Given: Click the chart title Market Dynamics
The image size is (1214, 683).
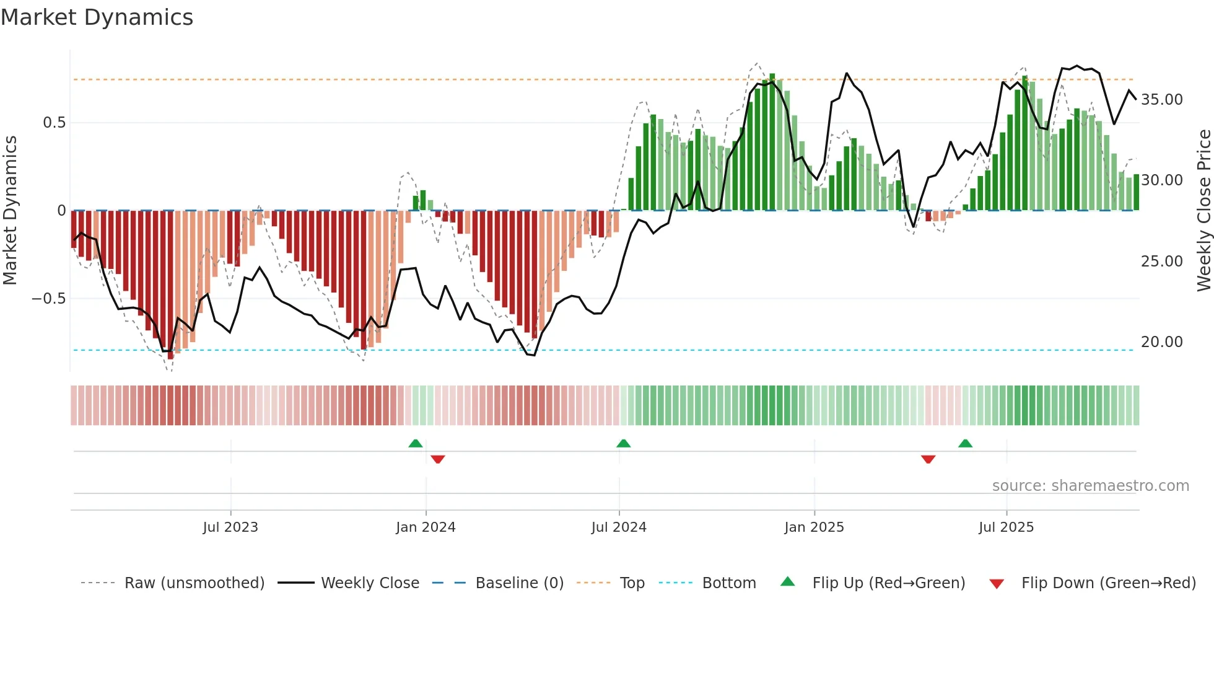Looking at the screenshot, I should pos(97,17).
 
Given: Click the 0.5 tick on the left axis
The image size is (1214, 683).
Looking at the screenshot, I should pos(54,123).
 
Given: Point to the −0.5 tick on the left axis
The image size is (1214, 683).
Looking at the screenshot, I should pos(49,299).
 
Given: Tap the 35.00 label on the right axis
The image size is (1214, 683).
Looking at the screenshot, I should pos(1161,100).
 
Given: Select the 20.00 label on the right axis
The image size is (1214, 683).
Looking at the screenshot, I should pos(1161,342).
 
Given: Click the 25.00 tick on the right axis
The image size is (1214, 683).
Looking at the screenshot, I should pos(1161,262).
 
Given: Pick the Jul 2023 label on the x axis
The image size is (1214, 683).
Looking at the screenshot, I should pos(230,527).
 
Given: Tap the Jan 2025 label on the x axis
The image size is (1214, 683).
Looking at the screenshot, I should pos(814,527).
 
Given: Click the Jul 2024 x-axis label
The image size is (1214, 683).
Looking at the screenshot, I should pos(619,527).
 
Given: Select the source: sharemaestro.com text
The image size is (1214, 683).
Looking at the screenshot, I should pos(1090,486).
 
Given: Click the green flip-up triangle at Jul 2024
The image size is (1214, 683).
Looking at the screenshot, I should pos(624,444).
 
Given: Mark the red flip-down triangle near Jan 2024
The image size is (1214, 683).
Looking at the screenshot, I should pos(438,459).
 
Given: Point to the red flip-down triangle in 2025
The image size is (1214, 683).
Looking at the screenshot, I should pos(928,459).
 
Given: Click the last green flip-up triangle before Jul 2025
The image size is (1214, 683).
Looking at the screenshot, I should pos(965,444).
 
